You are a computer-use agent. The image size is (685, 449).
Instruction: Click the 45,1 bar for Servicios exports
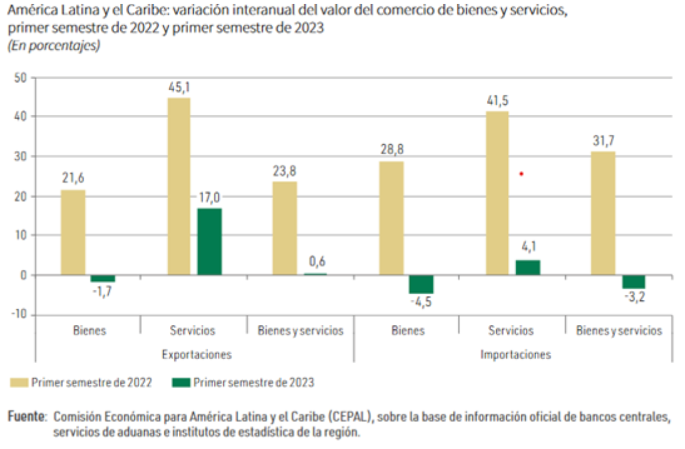(x=179, y=186)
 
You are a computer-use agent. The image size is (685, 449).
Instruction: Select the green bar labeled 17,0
(x=210, y=241)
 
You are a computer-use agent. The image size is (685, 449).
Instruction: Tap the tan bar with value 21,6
(x=73, y=232)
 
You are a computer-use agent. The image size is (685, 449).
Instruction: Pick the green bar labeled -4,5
(x=421, y=284)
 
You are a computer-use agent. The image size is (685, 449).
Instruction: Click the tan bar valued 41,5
(x=497, y=193)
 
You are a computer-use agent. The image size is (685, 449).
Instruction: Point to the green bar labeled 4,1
(x=528, y=268)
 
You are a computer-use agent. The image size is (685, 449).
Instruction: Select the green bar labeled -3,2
(x=634, y=282)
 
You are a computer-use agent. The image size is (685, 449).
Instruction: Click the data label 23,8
(x=285, y=170)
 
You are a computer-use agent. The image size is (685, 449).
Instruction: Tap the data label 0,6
(x=316, y=261)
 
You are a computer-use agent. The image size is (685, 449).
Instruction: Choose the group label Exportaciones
(x=196, y=354)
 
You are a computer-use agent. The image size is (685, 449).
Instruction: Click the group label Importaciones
(x=516, y=354)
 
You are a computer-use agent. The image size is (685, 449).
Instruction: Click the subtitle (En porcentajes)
(x=54, y=46)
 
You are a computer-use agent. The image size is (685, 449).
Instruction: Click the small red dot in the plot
(x=521, y=174)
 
